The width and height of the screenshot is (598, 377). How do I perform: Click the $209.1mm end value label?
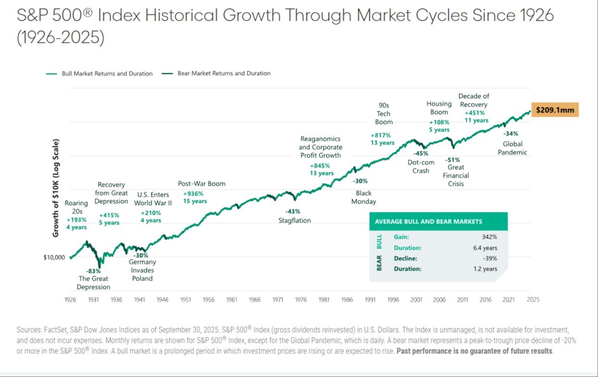click(555, 110)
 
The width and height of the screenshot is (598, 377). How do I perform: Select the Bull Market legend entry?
click(100, 74)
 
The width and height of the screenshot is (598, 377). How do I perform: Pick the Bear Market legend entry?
click(216, 74)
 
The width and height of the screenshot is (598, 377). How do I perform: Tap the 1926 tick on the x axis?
click(70, 299)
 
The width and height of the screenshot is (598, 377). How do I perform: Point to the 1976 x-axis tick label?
click(301, 299)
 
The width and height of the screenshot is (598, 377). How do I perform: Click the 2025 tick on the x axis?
click(533, 299)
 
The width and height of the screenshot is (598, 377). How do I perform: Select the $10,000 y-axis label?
click(54, 257)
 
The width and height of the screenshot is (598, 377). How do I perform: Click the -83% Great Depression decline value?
click(94, 271)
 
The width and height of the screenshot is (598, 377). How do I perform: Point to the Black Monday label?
click(363, 197)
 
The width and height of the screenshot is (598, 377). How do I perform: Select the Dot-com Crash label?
click(421, 167)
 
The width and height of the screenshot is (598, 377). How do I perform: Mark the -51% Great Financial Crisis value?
click(452, 160)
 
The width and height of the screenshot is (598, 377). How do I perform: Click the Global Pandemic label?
click(512, 148)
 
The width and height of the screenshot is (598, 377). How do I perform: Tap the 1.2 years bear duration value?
click(485, 269)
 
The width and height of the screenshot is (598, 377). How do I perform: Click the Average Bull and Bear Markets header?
click(428, 221)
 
